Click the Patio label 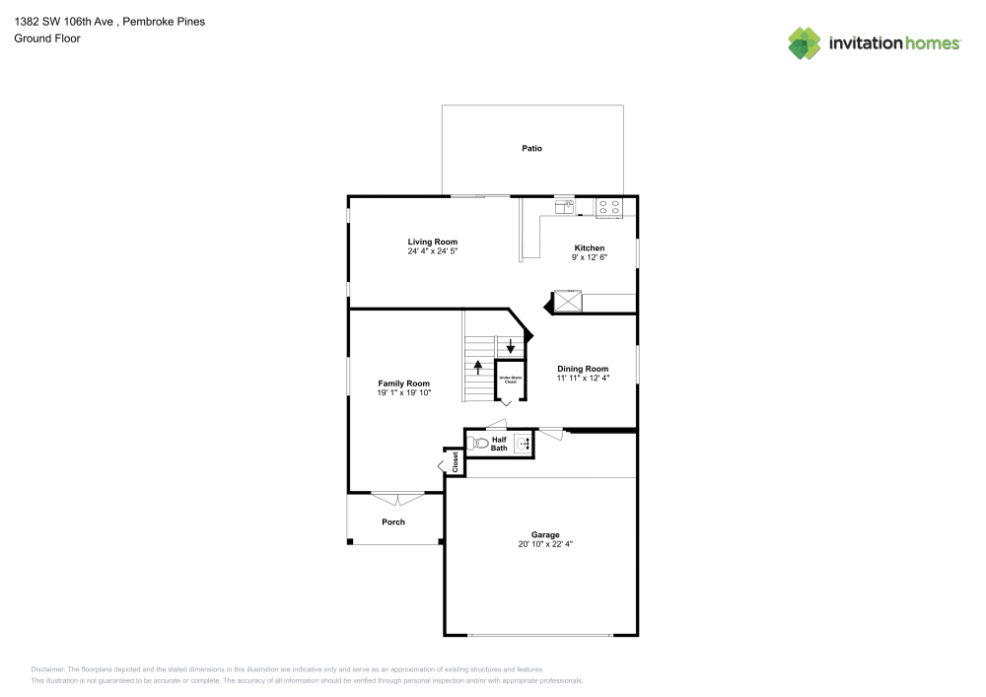[x=531, y=148]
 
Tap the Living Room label [x=433, y=242]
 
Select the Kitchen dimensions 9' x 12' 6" [x=590, y=257]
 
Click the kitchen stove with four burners [x=609, y=207]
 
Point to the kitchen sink [x=565, y=207]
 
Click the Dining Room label [x=583, y=369]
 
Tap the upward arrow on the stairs [x=478, y=368]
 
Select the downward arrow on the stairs [x=510, y=347]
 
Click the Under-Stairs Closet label [x=509, y=379]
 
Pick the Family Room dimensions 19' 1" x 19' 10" [x=403, y=392]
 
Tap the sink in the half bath [x=523, y=444]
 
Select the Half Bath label [x=499, y=444]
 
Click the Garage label [x=545, y=534]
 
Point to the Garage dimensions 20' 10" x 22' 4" [x=545, y=543]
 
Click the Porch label [x=393, y=522]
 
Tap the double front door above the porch [x=397, y=498]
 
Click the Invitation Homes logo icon [x=805, y=42]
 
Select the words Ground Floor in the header [x=47, y=38]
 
